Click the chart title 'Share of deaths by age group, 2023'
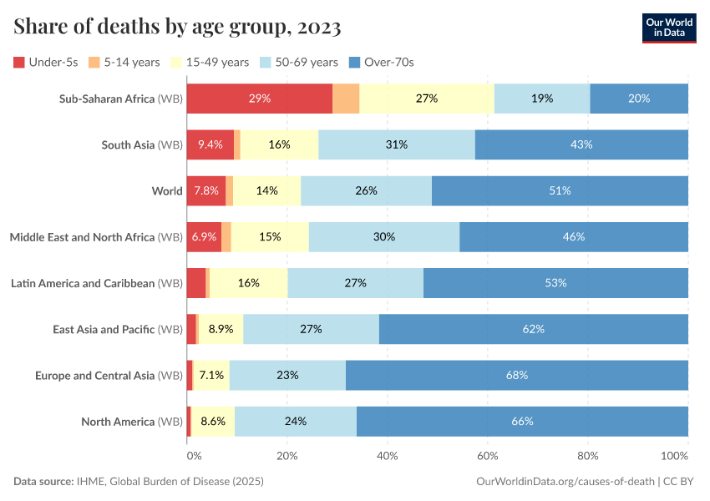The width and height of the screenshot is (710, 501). [x=177, y=27]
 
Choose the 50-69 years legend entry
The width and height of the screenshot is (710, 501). [x=300, y=62]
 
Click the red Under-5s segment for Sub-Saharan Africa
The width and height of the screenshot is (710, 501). [x=259, y=99]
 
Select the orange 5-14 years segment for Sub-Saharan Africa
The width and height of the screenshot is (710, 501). [x=346, y=99]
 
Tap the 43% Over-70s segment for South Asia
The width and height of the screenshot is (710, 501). [x=581, y=144]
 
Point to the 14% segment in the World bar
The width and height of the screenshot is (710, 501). [x=266, y=190]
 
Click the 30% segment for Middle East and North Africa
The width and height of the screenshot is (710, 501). [x=384, y=237]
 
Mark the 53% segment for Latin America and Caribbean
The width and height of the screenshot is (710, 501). [x=555, y=283]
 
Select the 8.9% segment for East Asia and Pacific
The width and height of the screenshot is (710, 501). [x=221, y=329]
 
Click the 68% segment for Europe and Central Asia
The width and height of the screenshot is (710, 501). [x=516, y=375]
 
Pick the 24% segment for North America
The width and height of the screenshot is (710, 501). [x=296, y=422]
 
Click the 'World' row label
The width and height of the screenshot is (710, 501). [x=167, y=190]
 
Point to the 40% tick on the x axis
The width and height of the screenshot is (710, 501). [x=388, y=456]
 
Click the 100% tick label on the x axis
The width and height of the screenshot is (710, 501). [x=674, y=456]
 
